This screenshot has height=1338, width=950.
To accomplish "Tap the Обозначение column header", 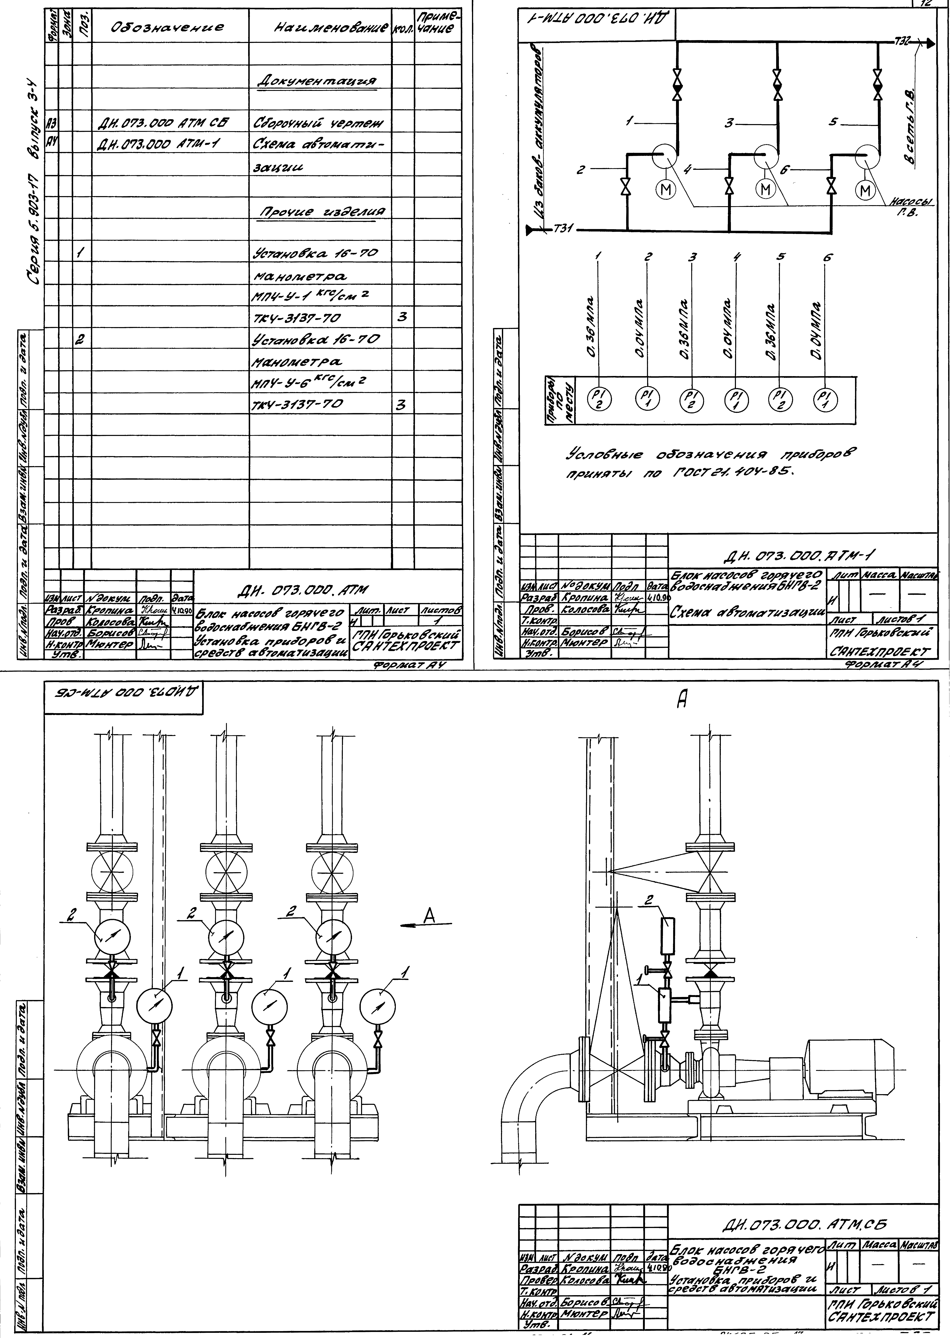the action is (x=170, y=27).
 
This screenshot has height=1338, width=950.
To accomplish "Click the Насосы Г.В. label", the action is (x=910, y=207).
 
